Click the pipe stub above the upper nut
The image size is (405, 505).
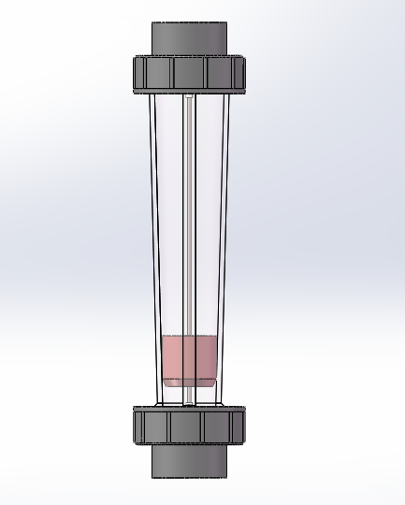[189, 37]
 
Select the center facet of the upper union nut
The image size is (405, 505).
[189, 72]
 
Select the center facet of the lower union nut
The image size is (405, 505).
[187, 426]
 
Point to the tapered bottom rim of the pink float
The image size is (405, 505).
[190, 382]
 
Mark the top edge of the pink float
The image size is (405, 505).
[190, 338]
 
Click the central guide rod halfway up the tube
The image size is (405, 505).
[189, 215]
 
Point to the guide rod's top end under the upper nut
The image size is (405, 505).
[189, 97]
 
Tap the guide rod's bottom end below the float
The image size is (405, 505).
[189, 397]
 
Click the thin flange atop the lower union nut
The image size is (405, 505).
[189, 408]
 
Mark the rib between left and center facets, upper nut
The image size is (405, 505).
[172, 72]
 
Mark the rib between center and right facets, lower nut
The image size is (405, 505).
[204, 426]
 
